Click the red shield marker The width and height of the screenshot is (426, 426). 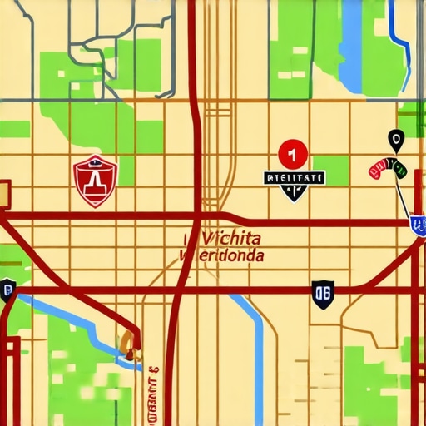[x=96, y=180]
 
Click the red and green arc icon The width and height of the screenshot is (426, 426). [x=387, y=170]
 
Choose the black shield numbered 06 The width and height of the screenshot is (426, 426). [x=324, y=292]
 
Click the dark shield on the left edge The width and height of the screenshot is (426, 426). [x=8, y=290]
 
